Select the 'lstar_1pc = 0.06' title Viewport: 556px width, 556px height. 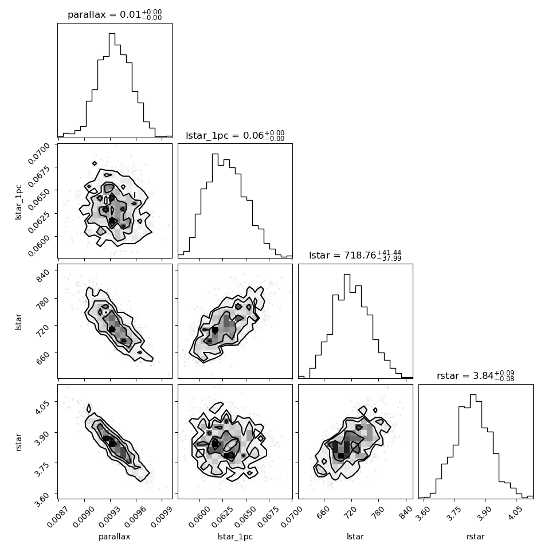tap(225, 135)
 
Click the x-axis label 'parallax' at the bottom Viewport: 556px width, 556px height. tap(115, 537)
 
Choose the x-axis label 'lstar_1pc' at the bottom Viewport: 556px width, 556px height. tap(235, 537)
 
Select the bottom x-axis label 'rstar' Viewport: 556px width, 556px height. tap(476, 537)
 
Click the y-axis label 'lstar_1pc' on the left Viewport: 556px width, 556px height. tap(18, 202)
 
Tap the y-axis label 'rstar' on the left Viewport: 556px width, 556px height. tap(18, 442)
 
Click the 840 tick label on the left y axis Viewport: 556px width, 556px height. tap(43, 275)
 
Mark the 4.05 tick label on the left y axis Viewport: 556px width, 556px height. tap(41, 407)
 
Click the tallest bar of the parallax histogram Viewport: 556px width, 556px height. tap(112, 85)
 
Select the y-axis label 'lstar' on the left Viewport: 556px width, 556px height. tap(18, 322)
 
